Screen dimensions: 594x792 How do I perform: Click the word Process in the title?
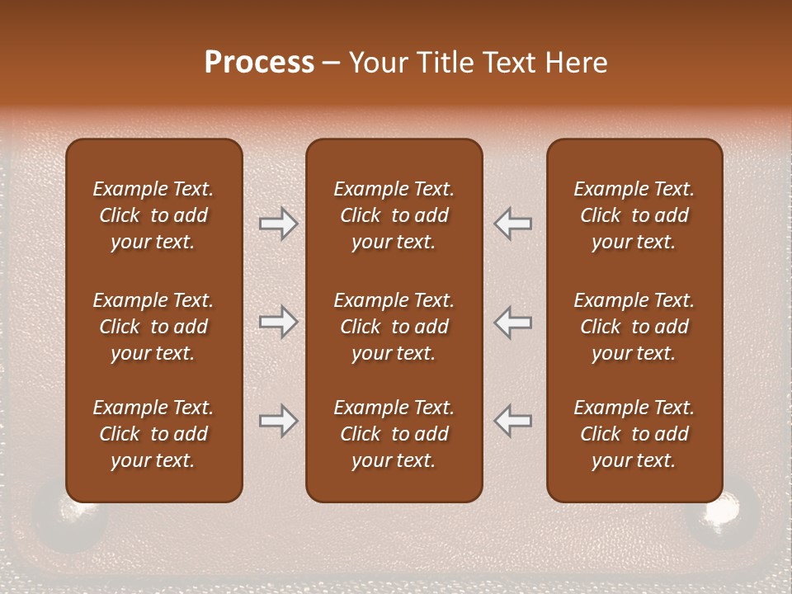click(259, 63)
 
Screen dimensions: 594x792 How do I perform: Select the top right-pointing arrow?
click(278, 224)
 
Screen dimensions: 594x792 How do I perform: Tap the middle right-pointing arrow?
click(278, 322)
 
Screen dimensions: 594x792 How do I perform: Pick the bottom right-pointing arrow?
click(278, 421)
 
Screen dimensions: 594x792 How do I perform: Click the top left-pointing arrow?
click(513, 224)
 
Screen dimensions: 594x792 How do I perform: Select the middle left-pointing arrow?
click(513, 322)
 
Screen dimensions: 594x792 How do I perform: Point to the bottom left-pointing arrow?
click(513, 421)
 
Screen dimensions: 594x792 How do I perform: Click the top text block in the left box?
click(153, 215)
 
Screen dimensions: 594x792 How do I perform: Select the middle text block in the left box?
click(153, 327)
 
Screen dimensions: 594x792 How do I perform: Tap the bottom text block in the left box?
click(153, 434)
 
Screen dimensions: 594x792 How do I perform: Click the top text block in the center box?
click(394, 215)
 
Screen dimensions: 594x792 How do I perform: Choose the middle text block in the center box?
click(394, 327)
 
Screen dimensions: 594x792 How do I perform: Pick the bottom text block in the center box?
click(394, 434)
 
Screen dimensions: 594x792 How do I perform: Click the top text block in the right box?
click(634, 215)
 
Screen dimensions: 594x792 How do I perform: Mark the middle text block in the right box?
click(634, 327)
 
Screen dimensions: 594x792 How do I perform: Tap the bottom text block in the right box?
click(634, 434)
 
